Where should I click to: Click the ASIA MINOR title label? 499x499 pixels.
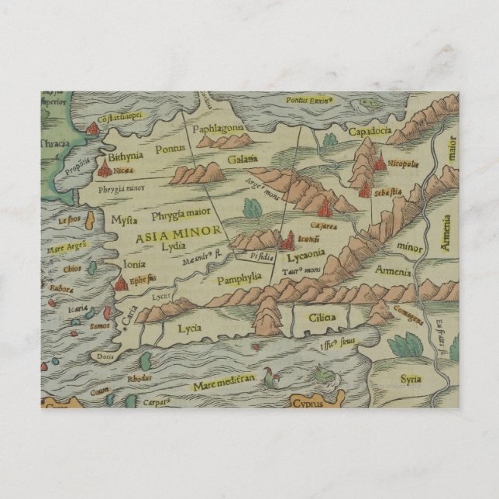point(179,232)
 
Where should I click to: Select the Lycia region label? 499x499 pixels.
point(189,328)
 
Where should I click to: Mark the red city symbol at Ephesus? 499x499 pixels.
point(122,284)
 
